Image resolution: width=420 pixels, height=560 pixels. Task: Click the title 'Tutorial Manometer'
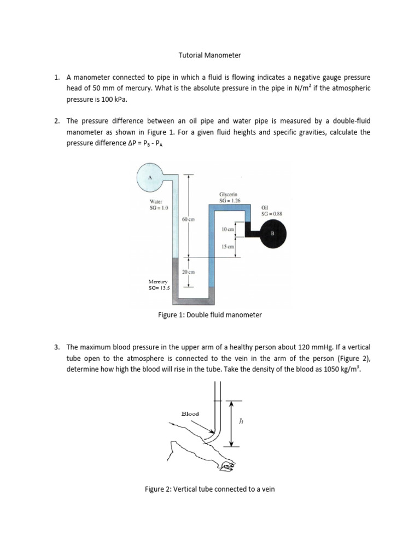210,55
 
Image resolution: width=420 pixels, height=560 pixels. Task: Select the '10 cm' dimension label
227,230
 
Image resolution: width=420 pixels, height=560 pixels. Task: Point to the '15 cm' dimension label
227,247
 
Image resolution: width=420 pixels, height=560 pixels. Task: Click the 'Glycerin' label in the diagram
227,194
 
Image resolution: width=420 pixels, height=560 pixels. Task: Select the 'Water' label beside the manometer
149,201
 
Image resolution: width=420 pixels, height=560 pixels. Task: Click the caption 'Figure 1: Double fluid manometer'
210,315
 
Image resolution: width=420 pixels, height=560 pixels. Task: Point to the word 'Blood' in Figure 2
190,414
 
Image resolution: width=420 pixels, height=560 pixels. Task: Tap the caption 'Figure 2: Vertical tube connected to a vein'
210,489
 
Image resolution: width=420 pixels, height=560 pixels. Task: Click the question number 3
56,347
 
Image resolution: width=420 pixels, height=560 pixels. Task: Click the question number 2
56,120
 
